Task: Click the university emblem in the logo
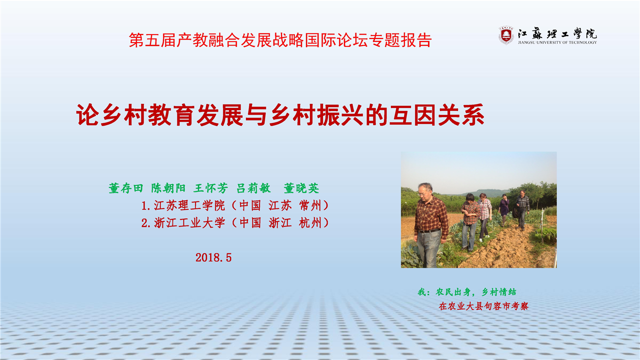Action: click(506, 35)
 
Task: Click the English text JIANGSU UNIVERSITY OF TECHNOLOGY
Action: click(557, 42)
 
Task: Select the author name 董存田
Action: click(126, 188)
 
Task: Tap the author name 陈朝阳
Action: click(168, 188)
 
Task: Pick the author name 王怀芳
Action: click(210, 188)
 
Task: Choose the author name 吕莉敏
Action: click(253, 188)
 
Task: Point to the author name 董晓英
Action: click(301, 188)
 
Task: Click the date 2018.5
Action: click(213, 257)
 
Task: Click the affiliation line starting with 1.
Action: click(235, 205)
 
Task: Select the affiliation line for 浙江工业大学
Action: click(235, 223)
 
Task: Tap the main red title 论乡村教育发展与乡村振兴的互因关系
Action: click(280, 115)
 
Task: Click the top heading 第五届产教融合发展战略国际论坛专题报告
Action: click(280, 40)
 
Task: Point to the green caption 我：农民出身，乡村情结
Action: click(467, 292)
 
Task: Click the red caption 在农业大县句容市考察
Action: click(483, 306)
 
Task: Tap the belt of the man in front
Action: click(429, 231)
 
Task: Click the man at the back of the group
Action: click(522, 210)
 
